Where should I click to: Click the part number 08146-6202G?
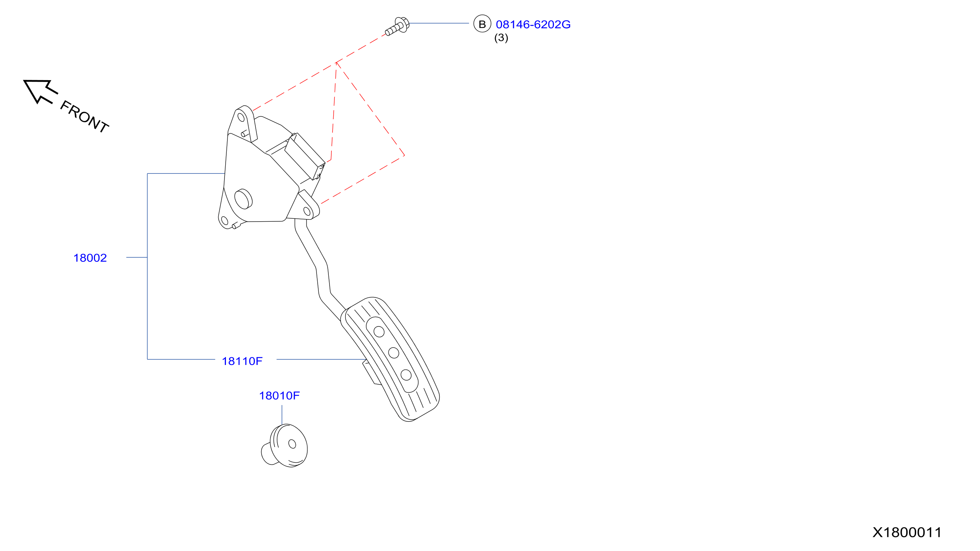pos(533,25)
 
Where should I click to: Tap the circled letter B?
pos(482,24)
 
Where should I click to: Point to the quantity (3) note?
pos(501,38)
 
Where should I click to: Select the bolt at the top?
pos(397,26)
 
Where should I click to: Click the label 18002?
pos(90,258)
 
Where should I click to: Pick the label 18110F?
pos(242,361)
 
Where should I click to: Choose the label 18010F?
pos(279,396)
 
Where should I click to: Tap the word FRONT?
pos(85,117)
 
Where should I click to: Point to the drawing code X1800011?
pos(907,532)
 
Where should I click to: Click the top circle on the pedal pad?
pos(379,332)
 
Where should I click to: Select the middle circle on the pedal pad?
pos(394,353)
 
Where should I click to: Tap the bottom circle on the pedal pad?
pos(406,375)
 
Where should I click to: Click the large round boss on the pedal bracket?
pos(243,199)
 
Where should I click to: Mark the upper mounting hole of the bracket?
pos(241,117)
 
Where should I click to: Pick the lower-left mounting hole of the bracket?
pos(224,221)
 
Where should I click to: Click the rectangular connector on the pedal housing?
pos(305,156)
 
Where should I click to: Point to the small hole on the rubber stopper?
pos(292,444)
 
